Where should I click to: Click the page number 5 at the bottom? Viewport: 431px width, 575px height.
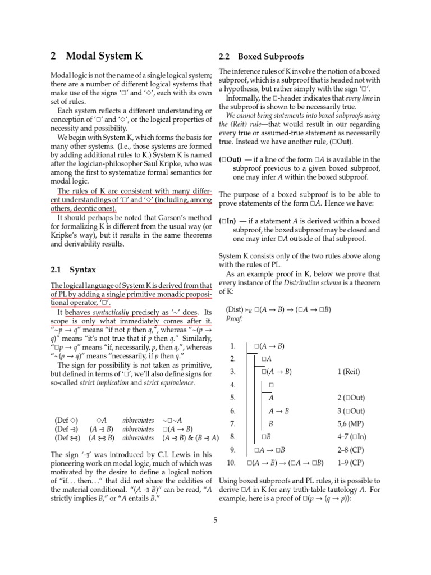(x=215, y=519)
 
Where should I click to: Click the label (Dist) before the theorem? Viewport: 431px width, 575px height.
(x=235, y=309)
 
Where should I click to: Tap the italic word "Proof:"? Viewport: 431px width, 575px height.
(x=235, y=319)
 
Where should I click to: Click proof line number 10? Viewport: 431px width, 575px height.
(x=231, y=463)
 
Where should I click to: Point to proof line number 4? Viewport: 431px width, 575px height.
(x=233, y=385)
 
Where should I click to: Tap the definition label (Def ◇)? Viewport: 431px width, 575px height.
(x=66, y=419)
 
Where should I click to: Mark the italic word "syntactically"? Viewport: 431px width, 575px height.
(x=111, y=312)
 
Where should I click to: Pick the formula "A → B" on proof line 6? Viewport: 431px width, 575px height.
(x=279, y=410)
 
